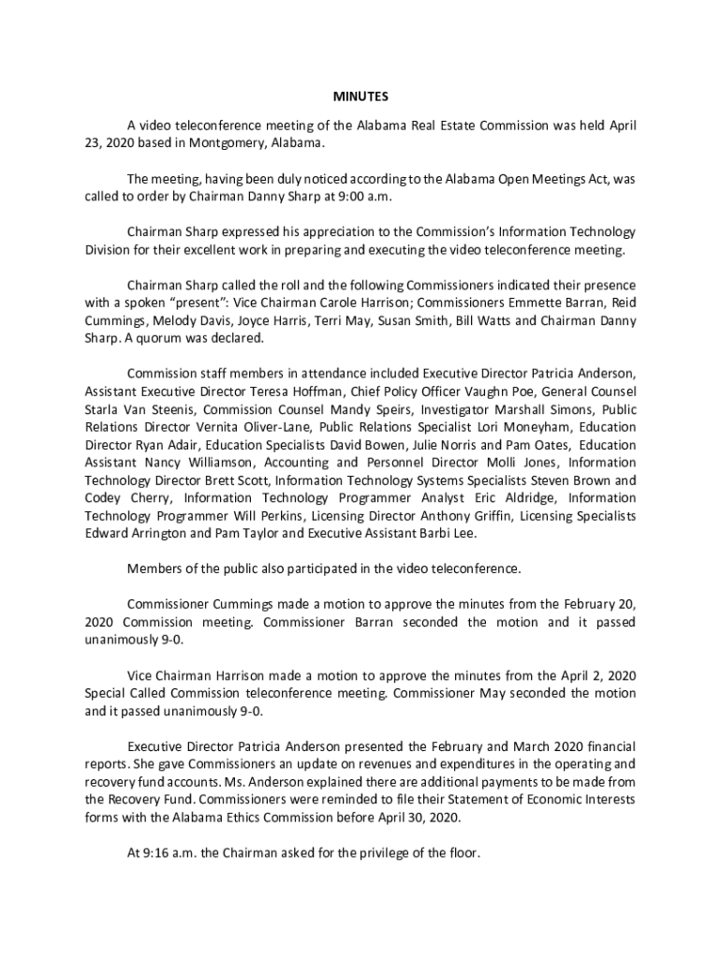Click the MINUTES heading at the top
pos(360,96)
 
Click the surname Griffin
pos(468,516)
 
